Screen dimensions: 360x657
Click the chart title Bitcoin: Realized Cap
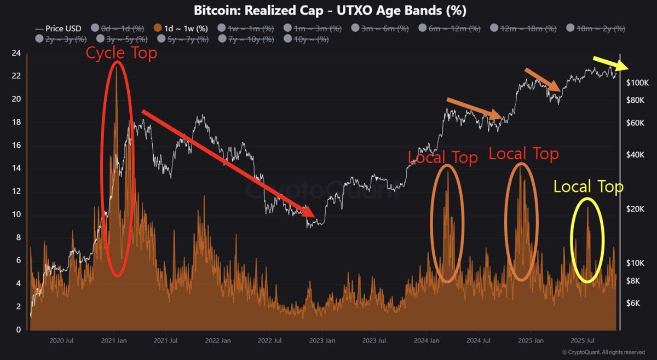[x=328, y=10]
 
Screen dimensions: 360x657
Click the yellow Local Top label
[x=588, y=187]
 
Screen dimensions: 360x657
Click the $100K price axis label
[x=638, y=83]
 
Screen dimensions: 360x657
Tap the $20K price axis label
[x=638, y=209]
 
